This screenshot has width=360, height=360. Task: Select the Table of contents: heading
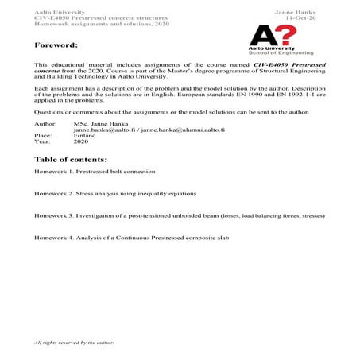(x=71, y=160)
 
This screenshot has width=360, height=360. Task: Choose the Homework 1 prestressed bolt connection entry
(x=95, y=172)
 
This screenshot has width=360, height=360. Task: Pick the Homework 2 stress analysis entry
(x=115, y=194)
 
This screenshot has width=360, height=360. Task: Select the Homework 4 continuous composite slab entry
(x=132, y=238)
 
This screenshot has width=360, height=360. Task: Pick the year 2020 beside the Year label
(x=80, y=141)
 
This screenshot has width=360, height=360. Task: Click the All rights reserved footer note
(x=75, y=343)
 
